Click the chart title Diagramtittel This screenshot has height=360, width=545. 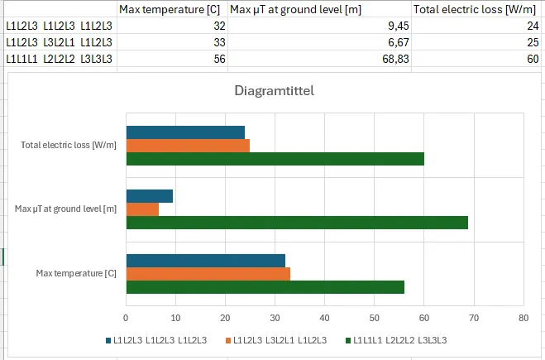click(273, 91)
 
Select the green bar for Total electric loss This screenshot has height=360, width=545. click(275, 158)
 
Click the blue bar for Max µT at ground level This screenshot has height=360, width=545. click(149, 196)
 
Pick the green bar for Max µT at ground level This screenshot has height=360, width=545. click(297, 223)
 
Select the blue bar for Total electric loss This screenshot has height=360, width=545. click(185, 132)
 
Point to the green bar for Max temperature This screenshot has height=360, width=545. click(265, 287)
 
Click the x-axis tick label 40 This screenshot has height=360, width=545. click(324, 317)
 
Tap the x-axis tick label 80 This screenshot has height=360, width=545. click(523, 317)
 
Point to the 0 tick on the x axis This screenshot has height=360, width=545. click(126, 317)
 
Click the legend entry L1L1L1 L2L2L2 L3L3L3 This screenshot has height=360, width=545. click(399, 340)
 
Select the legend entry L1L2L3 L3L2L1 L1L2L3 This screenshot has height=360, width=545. click(276, 340)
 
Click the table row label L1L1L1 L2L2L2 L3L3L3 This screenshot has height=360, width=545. click(59, 58)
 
